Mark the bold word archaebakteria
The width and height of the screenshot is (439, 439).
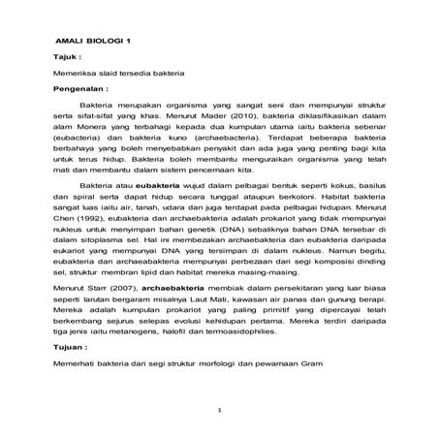click(177, 287)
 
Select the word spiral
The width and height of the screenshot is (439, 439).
click(88, 195)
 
